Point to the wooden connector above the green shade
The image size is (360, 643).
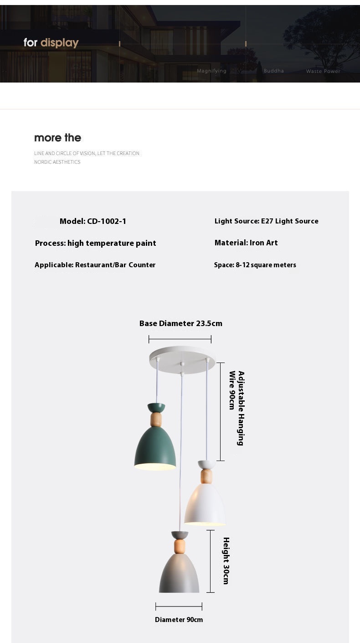pos(156,420)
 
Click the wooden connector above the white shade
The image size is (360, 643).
pos(206,477)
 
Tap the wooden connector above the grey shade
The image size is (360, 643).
pos(180,546)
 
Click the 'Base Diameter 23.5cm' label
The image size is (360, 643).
pos(181,324)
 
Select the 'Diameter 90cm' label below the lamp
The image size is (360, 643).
pos(179,620)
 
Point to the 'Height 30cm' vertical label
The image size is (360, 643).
pos(226,561)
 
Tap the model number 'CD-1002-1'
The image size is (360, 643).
pos(107,222)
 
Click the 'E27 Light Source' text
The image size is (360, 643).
pos(289,221)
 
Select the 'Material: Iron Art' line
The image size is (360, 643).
pos(246,243)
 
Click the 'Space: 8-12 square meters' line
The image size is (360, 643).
pos(255,265)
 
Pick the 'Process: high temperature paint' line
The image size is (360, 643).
pos(96,244)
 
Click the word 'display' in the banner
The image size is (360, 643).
pos(60,43)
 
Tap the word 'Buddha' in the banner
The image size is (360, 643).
pos(273,71)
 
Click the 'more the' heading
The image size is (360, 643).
pos(57,138)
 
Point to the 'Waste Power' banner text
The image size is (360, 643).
pos(323,71)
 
